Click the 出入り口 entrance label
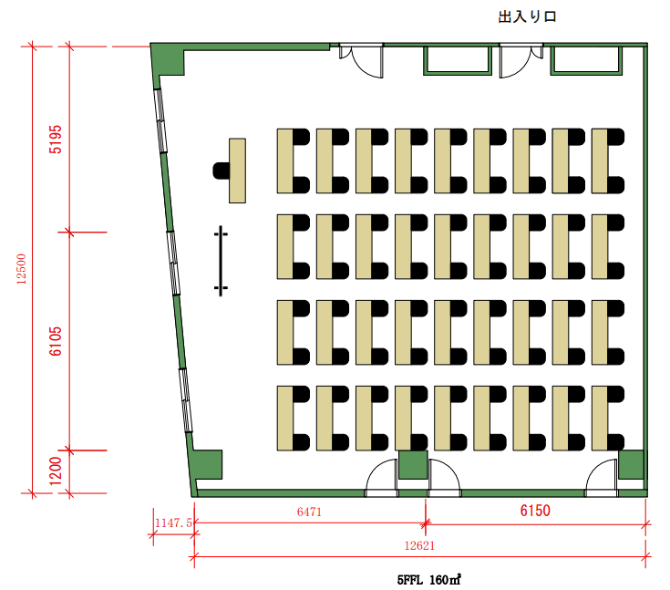point(527,16)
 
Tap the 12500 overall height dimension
point(21,269)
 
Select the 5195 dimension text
point(56,140)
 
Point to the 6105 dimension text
point(56,341)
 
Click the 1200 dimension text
point(56,471)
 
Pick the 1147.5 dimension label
point(173,523)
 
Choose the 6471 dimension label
point(309,512)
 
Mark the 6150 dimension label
point(535,511)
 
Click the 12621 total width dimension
point(419,545)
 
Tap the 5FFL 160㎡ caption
point(429,580)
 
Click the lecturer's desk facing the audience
point(237,171)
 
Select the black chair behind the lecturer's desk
point(221,171)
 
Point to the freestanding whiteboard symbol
point(221,261)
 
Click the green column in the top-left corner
point(168,60)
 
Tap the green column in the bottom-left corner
point(207,465)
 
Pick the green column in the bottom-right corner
point(631,464)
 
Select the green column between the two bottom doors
point(413,465)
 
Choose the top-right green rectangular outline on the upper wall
point(586,60)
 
